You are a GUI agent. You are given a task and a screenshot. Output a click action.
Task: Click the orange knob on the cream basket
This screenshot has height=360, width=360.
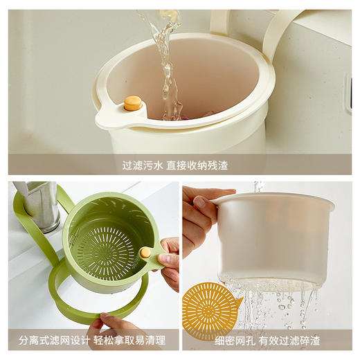[x=132, y=103]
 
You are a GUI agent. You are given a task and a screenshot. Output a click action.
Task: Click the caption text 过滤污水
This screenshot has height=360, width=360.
[x=143, y=165]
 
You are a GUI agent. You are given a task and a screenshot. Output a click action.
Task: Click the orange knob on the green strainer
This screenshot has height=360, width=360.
[x=146, y=253]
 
